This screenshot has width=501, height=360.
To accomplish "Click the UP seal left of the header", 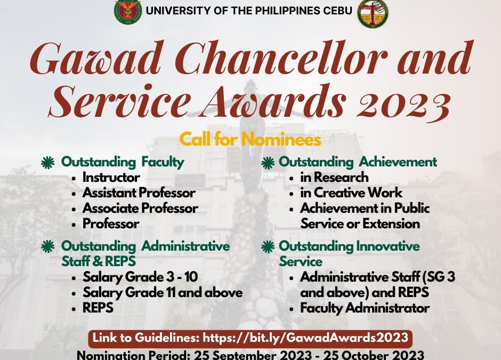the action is [128, 11].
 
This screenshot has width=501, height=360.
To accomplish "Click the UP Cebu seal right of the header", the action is [373, 13].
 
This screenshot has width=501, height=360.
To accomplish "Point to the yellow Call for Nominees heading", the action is [250, 139].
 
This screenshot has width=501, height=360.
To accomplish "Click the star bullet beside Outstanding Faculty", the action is [48, 162].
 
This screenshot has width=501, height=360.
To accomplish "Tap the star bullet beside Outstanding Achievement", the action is [268, 163].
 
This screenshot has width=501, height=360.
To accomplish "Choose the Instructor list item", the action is [111, 177].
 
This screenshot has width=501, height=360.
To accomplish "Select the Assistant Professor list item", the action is [139, 193].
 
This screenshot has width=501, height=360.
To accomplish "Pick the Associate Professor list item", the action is [140, 208].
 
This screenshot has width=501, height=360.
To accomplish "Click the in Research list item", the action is [334, 177].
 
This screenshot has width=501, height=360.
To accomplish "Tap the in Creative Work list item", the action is [351, 193].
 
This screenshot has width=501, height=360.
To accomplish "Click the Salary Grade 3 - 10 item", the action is [140, 277].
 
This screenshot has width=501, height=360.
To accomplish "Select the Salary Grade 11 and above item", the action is [163, 292].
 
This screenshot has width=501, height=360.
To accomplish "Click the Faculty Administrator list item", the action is [365, 308].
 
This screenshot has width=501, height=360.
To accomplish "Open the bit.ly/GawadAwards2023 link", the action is [306, 338].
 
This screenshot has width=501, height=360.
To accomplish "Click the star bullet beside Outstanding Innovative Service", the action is [268, 247].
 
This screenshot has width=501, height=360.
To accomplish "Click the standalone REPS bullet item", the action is [98, 308].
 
